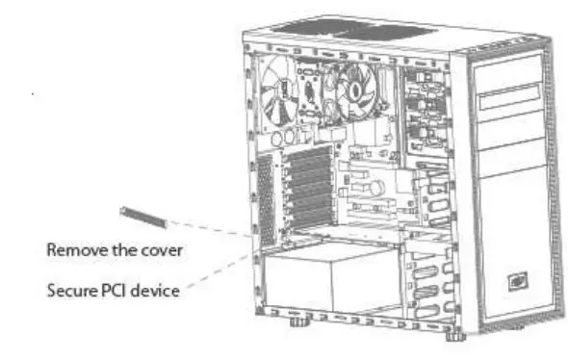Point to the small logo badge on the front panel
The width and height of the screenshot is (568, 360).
517,280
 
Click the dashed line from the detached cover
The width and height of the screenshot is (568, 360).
217,228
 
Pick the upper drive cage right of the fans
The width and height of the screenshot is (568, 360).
424,111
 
